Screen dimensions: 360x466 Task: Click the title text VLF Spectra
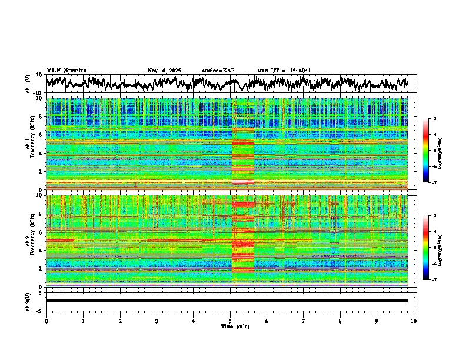[66, 70]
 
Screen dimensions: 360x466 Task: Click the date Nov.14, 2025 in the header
[164, 71]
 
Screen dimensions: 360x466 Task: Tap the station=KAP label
[218, 71]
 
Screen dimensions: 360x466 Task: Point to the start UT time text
[284, 71]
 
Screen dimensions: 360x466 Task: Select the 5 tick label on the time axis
[230, 321]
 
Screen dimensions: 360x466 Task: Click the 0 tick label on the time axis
[46, 321]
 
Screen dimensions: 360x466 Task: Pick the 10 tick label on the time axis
[414, 321]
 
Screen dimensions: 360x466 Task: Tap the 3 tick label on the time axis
[157, 321]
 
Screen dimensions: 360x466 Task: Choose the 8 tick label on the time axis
[340, 321]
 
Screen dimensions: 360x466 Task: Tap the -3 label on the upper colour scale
[434, 119]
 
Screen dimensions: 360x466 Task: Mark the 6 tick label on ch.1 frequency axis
[42, 135]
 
